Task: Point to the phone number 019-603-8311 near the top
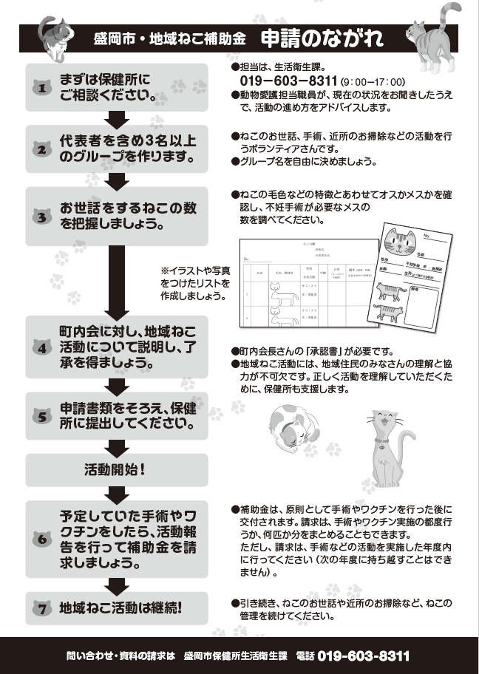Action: click(x=289, y=81)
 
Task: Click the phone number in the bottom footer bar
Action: click(x=363, y=656)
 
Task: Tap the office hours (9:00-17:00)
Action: click(x=374, y=81)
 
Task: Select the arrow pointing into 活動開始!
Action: click(x=116, y=447)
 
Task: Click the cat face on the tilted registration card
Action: click(x=401, y=242)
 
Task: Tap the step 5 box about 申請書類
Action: click(x=116, y=416)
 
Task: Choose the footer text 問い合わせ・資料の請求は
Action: click(x=120, y=656)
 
